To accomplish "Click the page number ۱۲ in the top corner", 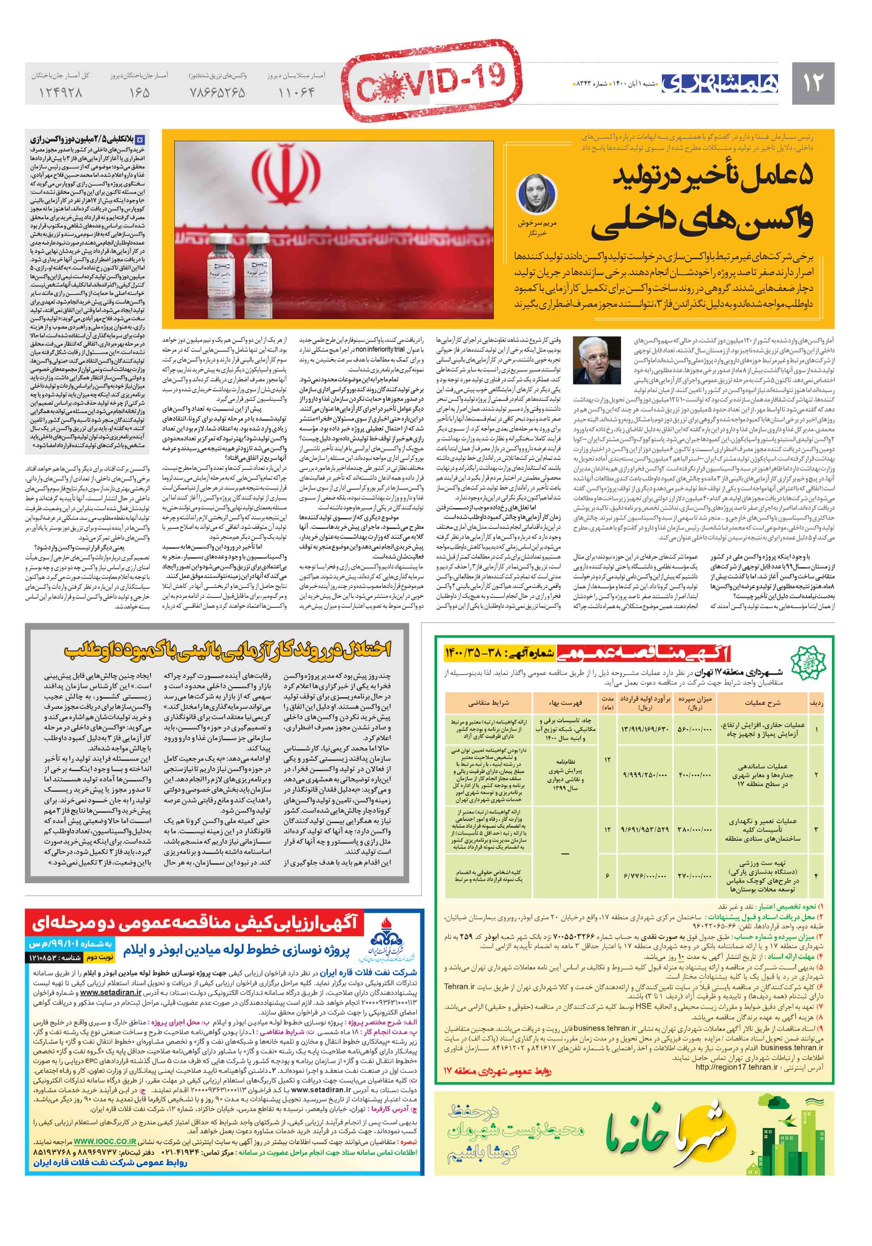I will pos(812,82).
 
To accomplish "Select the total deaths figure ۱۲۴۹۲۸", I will pos(60,93).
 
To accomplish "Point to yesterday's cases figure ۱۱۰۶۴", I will pos(296,93).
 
